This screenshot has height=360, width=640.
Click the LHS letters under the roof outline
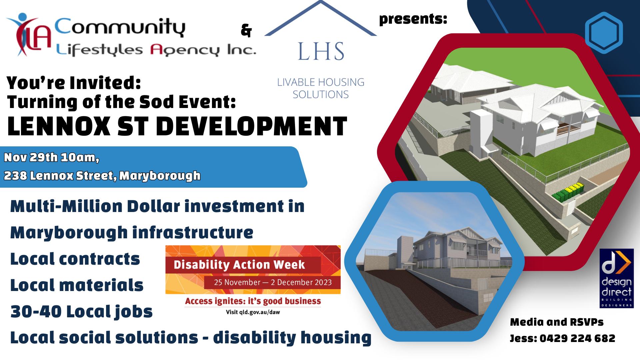(x=321, y=51)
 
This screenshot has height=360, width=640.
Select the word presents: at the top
(x=413, y=19)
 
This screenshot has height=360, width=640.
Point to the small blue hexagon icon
(x=604, y=33)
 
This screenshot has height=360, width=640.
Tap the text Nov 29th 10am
(x=51, y=157)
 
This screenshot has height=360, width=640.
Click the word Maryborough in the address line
(x=160, y=176)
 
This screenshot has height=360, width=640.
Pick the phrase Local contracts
(x=75, y=259)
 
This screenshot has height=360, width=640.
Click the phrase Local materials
(x=77, y=285)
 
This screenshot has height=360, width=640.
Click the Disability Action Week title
(x=239, y=265)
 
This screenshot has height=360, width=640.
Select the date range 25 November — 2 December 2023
(x=273, y=282)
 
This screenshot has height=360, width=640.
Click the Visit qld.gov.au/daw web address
(x=253, y=312)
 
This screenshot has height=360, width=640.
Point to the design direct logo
(x=616, y=278)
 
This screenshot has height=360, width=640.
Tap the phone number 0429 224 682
(x=577, y=338)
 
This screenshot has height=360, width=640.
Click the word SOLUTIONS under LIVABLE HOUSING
(x=321, y=95)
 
